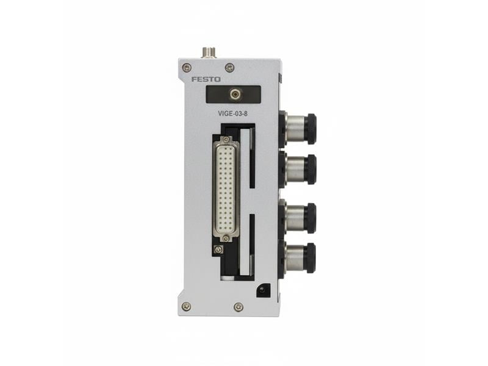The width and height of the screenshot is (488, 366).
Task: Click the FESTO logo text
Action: point(206,79)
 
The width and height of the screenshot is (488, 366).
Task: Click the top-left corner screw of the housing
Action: point(187,67)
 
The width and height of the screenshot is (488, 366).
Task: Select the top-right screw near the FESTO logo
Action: point(229,67)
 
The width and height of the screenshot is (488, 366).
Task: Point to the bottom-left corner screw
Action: point(186,306)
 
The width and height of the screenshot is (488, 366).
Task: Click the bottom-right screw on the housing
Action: point(238,306)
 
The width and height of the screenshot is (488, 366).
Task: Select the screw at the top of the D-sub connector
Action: point(226,139)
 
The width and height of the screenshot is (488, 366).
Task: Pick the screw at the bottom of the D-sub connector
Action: point(226,239)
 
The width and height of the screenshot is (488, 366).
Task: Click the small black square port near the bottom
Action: point(264,291)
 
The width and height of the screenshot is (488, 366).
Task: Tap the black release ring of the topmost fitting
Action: point(310,128)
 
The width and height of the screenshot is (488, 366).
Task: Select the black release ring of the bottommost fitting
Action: point(310,257)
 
